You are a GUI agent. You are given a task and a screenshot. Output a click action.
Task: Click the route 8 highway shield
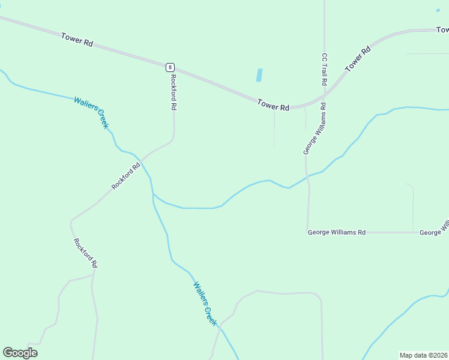170,67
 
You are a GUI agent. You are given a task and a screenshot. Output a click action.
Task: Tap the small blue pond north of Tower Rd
259,75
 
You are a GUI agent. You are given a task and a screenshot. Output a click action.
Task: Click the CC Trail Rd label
324,70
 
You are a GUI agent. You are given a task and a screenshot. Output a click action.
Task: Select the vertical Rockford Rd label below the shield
173,91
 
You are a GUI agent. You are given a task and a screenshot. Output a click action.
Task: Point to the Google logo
20,352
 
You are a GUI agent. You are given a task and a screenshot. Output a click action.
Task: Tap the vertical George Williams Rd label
314,129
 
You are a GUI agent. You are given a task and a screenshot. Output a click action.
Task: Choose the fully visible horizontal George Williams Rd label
336,232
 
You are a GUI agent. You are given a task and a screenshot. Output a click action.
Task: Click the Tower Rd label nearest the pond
273,106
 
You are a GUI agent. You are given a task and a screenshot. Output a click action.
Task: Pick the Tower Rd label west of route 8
77,40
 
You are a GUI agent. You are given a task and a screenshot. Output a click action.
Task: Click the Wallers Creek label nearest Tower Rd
91,112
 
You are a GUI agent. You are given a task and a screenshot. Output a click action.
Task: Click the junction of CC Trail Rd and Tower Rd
324,95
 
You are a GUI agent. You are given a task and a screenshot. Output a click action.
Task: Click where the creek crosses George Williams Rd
307,176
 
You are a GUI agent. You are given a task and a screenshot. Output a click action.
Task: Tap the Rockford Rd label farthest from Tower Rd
85,253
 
